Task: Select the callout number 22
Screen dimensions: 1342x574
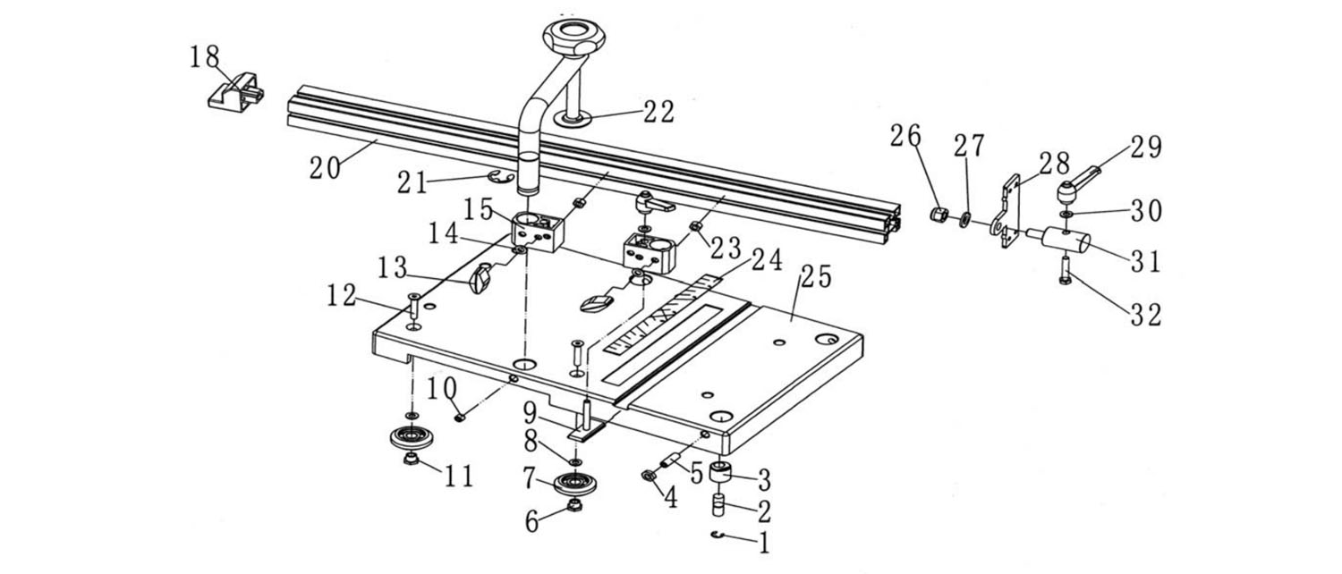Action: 659,112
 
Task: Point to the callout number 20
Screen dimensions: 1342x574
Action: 326,167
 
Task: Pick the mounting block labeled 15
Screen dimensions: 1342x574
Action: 538,231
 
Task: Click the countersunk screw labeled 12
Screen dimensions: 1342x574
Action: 413,305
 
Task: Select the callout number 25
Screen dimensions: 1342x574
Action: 817,276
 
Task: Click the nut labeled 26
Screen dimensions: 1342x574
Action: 939,214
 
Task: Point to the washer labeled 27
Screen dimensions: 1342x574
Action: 965,220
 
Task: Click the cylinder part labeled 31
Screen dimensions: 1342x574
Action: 1064,240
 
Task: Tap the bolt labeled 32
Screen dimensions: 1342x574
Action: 1066,270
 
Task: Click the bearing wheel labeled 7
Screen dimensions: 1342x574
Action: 574,484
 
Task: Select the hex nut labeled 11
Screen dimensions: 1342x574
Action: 411,460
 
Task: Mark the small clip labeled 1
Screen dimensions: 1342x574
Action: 718,535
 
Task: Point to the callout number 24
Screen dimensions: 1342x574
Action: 768,261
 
